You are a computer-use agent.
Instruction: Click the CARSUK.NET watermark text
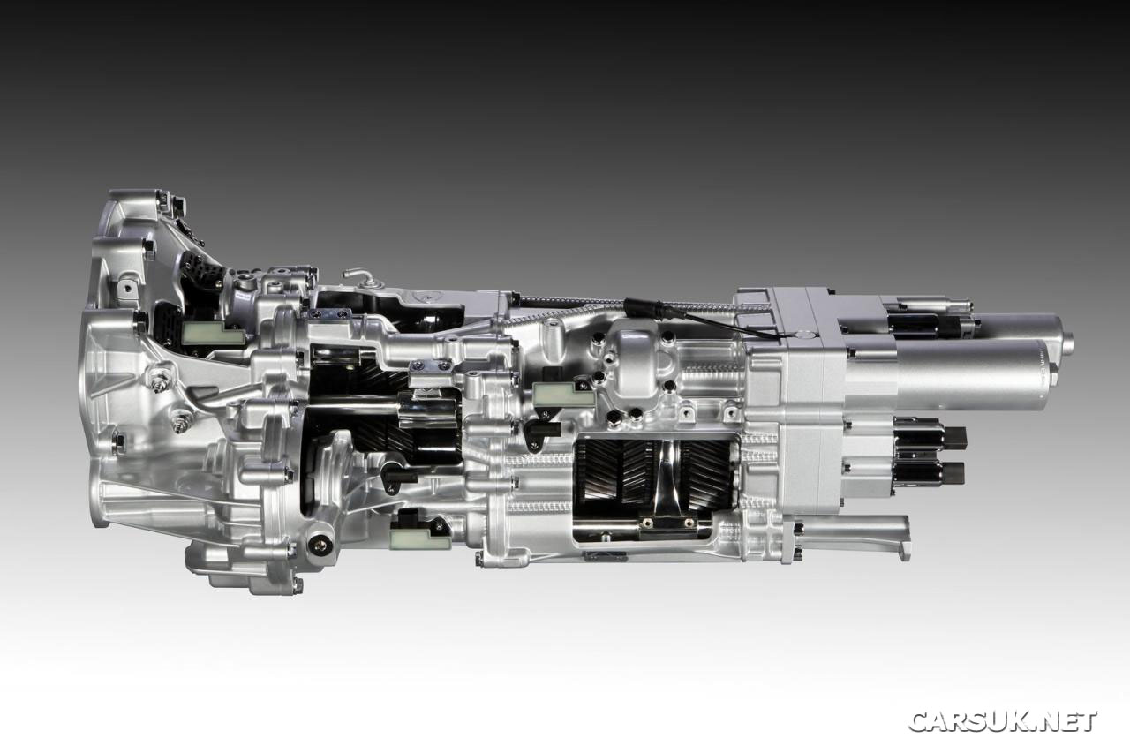point(1002,720)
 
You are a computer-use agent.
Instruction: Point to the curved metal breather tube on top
point(358,275)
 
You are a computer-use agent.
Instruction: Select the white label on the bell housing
point(213,333)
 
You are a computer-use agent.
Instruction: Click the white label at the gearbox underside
point(420,538)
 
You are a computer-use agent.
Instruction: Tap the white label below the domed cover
point(563,393)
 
